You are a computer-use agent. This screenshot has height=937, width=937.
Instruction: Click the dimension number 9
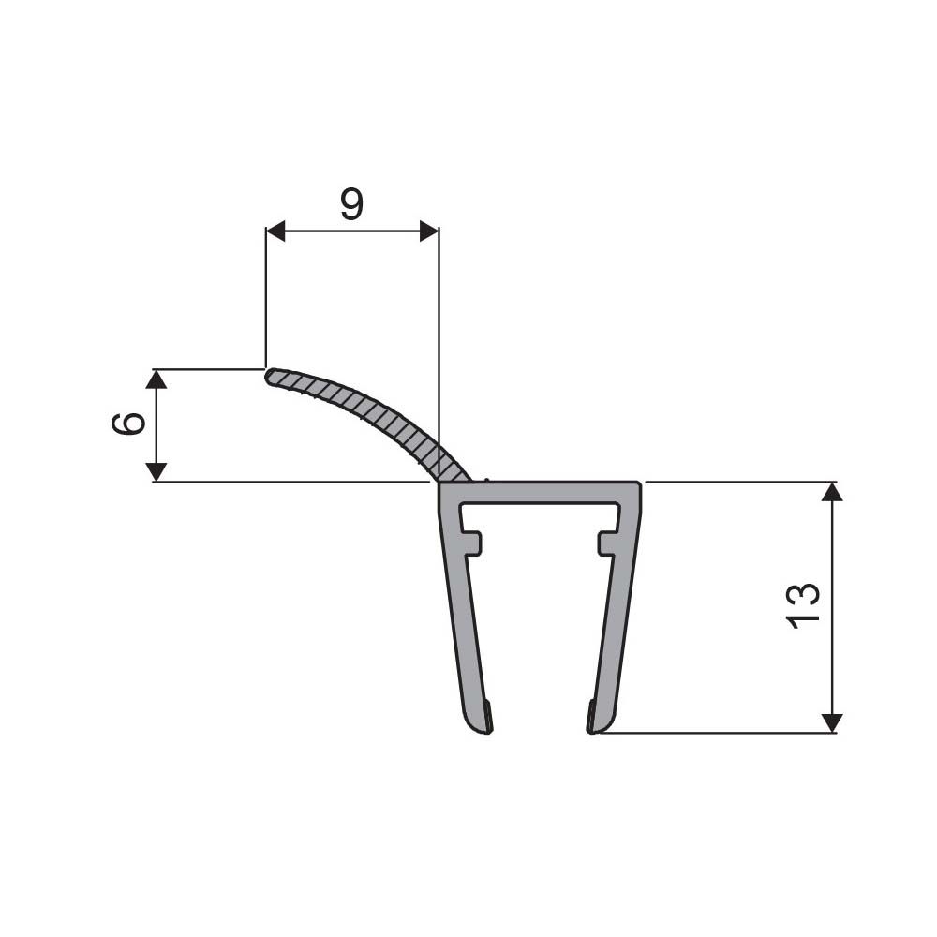coord(351,205)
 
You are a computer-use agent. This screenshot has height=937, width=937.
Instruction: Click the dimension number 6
coord(128,424)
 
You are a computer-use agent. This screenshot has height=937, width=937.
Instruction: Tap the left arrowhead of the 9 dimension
coord(275,231)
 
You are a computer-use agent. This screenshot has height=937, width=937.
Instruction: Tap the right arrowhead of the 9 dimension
coord(429,231)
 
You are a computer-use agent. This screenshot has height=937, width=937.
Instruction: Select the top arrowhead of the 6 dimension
coord(156,379)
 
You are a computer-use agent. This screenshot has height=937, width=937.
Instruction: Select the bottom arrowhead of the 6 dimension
coord(156,471)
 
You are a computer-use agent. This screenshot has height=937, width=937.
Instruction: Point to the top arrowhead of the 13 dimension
coord(832,491)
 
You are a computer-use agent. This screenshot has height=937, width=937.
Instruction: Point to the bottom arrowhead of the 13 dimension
coord(832,723)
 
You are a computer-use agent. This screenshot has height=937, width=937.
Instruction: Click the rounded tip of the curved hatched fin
coord(270,377)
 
